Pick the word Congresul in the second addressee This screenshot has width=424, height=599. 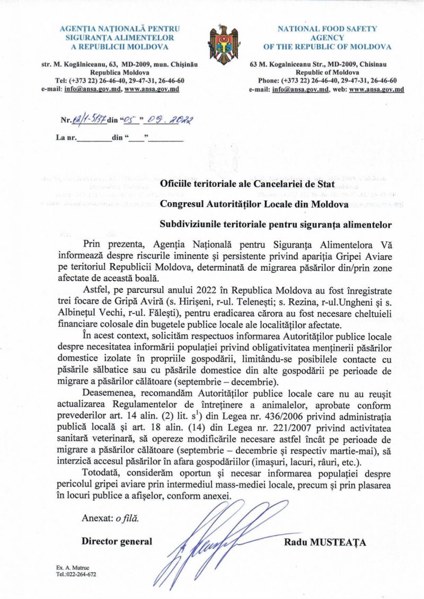(183, 203)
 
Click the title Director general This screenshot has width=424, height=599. (117, 541)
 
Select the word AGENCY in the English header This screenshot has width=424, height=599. (327, 38)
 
